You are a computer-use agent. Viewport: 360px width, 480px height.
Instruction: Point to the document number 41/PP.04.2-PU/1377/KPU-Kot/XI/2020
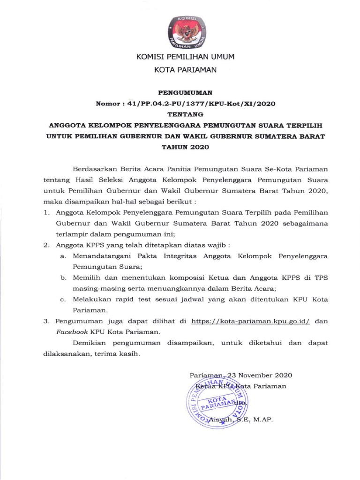(x=196, y=104)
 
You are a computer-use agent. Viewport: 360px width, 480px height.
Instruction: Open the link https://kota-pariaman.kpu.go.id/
(x=251, y=321)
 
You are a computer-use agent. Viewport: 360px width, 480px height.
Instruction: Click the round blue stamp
(x=219, y=398)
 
